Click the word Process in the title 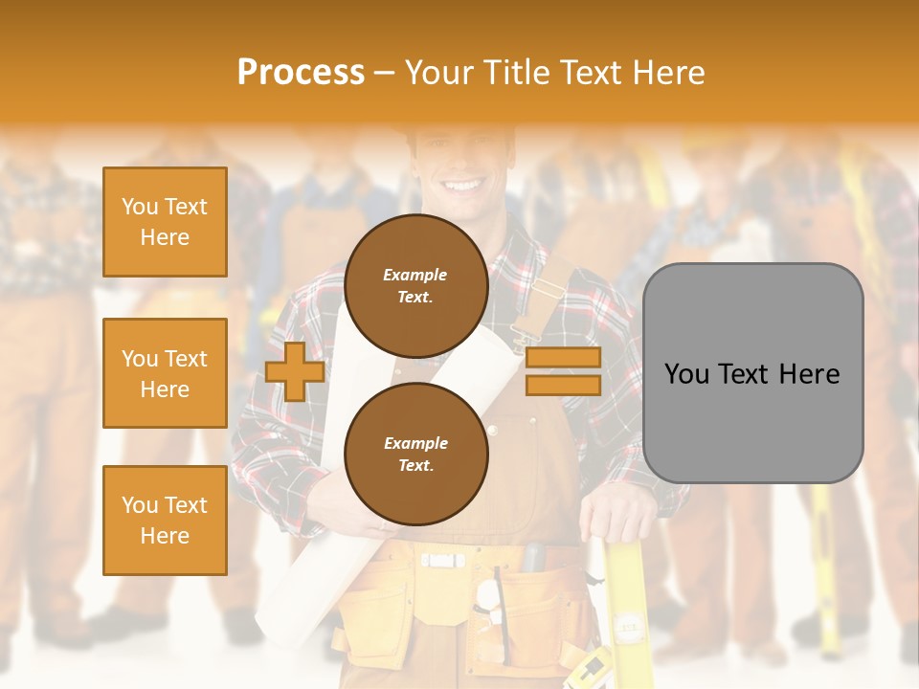click(301, 72)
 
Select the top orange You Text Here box click(165, 222)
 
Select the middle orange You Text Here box click(165, 373)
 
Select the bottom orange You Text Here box click(165, 520)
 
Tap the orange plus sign click(295, 372)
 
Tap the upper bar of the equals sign click(563, 358)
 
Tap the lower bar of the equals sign click(563, 385)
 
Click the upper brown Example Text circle click(415, 285)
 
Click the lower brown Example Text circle click(415, 454)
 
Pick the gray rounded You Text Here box click(752, 373)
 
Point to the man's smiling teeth click(462, 184)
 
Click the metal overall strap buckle click(523, 335)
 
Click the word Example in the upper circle click(415, 275)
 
